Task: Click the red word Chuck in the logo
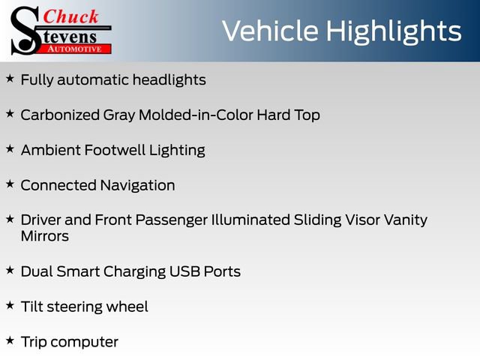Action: (70, 16)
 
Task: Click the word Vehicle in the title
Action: (270, 31)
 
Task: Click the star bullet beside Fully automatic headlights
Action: (10, 78)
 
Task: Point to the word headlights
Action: (169, 80)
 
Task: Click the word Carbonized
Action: (60, 115)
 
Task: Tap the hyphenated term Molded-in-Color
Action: (196, 115)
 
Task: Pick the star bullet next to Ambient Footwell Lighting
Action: (10, 148)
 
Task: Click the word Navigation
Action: (137, 185)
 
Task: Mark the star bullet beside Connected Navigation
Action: (10, 184)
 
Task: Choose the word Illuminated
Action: (250, 220)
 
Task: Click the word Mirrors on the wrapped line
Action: (45, 236)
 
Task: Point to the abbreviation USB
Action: (184, 271)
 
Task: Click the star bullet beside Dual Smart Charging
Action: (10, 270)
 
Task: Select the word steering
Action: (74, 307)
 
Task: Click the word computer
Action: (84, 342)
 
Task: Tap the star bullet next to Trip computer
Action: (10, 340)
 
